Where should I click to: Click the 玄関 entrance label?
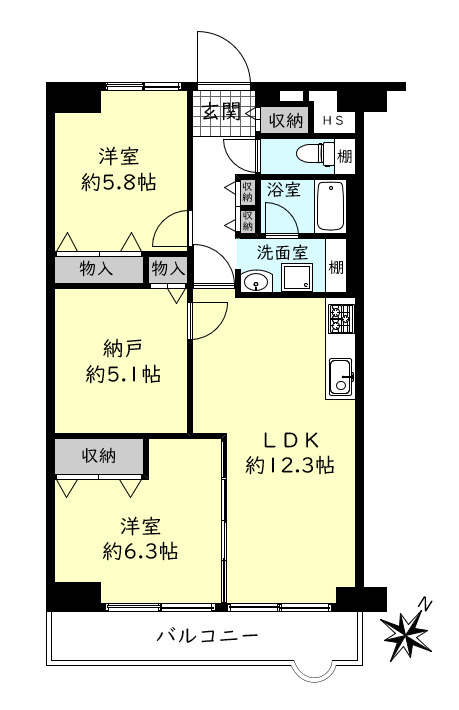point(220,111)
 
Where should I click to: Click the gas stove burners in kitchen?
point(340,319)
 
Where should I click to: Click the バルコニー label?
point(208,637)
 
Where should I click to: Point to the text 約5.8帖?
point(118,182)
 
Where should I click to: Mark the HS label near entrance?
point(333,121)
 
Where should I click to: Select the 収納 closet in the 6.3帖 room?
point(100,455)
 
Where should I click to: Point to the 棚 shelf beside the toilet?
point(344,155)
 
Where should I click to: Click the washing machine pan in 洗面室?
point(296,279)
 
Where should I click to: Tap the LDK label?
point(290,439)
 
